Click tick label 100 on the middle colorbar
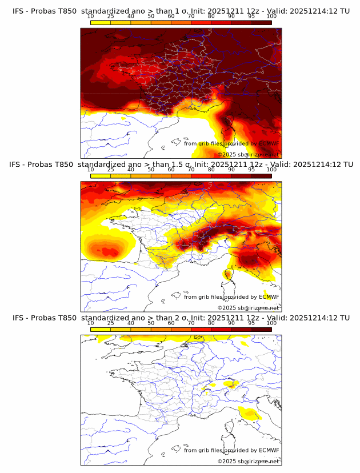coord(271,170)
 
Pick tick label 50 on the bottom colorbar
coord(151,323)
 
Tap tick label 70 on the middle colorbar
coord(191,170)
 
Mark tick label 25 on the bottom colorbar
coord(111,323)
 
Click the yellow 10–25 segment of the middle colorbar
coord(101,175)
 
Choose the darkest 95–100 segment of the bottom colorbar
coord(262,329)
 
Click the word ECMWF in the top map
coord(269,143)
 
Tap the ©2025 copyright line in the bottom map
coord(248,461)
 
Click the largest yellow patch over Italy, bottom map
coord(250,414)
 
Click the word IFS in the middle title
coord(19,165)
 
